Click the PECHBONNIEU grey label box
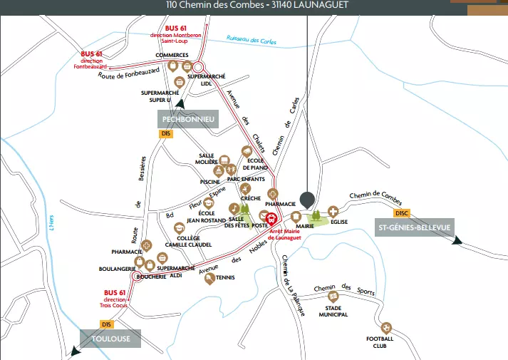coord(188,119)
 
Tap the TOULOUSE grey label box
coord(111,339)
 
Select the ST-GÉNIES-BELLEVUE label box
coord(414,228)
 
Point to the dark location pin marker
coord(307,199)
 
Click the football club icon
coord(387,328)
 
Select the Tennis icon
coord(209,279)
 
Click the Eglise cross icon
coord(333,211)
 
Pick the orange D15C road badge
coord(402,213)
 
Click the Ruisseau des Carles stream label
coord(251,39)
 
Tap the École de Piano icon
coord(247,151)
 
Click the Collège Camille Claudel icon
coord(180,229)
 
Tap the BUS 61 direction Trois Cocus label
coord(115,299)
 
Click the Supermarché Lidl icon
coord(198,67)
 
